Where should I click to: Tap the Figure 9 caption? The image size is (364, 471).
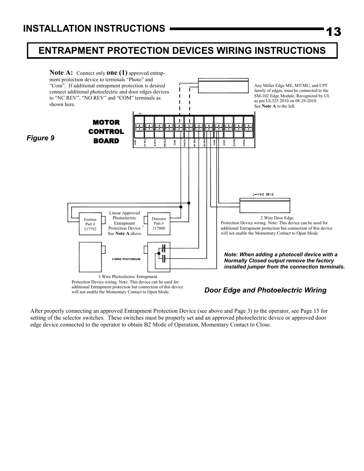pos(40,138)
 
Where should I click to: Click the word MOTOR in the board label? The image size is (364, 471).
pos(106,122)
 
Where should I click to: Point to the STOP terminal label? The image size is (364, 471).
pos(224,143)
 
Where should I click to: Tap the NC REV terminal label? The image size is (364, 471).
pos(195,143)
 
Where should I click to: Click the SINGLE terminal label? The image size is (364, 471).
pos(165,143)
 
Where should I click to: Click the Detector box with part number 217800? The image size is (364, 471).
pos(159,224)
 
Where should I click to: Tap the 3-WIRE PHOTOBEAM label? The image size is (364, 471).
pos(126,259)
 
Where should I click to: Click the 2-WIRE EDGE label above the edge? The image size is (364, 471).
pos(263,195)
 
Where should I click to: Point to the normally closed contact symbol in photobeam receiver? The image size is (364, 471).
pos(163,249)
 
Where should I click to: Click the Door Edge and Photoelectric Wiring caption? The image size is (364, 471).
pos(265,290)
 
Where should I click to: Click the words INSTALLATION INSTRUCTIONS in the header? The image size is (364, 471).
pos(94,29)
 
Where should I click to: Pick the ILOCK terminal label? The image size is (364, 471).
pos(155,143)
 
